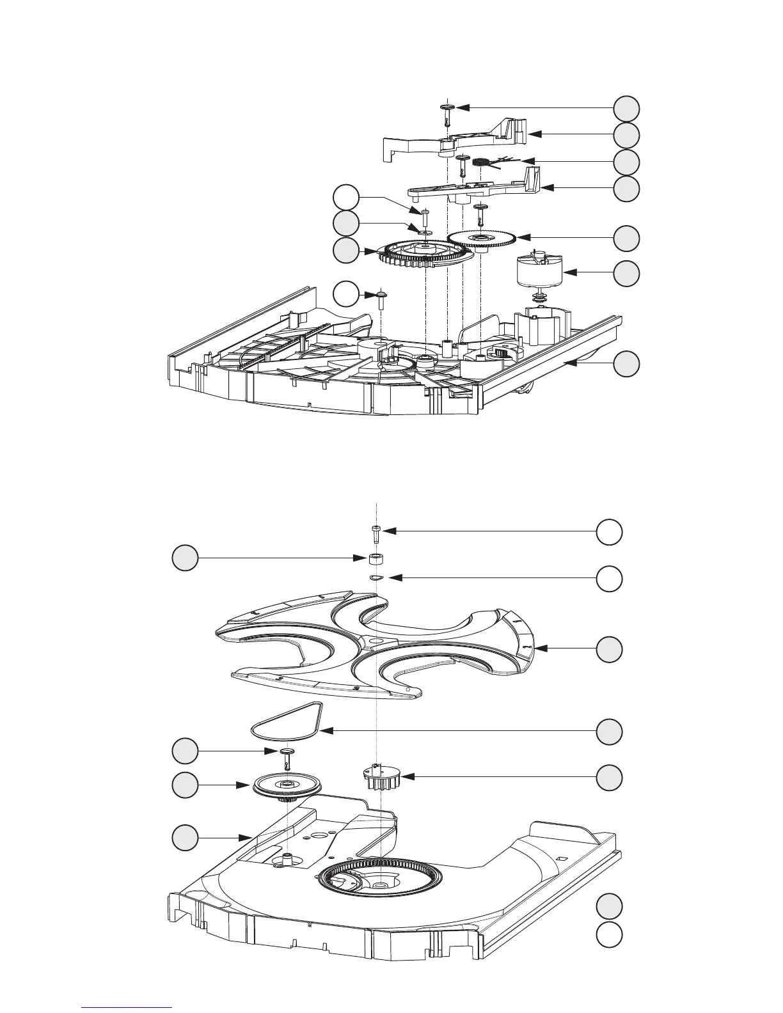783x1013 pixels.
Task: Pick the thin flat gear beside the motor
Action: point(481,239)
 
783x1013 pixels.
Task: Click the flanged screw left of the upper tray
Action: point(380,299)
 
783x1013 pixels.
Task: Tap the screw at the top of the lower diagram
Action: point(376,532)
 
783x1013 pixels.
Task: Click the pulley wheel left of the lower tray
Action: point(285,786)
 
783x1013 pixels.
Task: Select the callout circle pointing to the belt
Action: point(609,732)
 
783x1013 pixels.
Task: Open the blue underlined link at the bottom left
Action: point(127,1007)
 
